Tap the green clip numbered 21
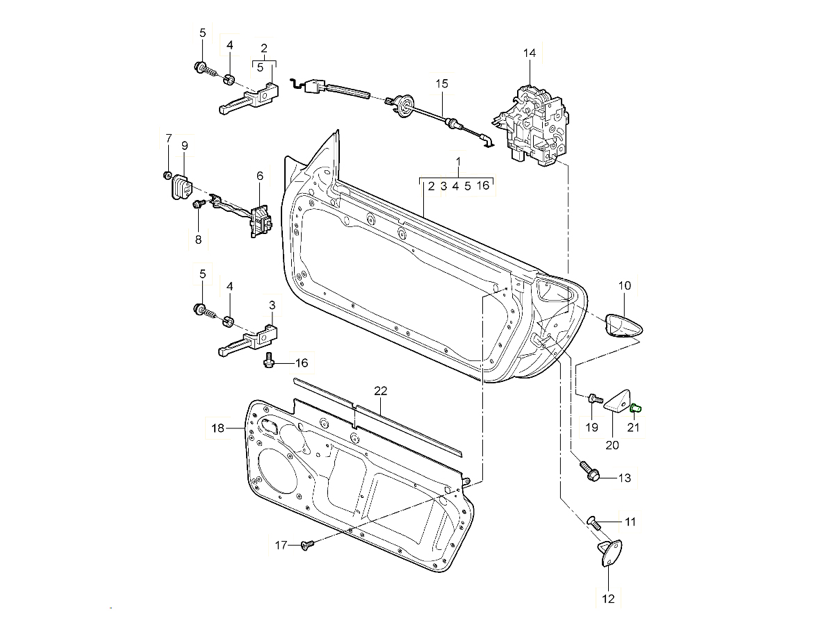(x=635, y=408)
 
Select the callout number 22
(x=380, y=391)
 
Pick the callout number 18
(x=218, y=428)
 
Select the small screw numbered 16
(x=270, y=360)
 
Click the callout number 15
(x=443, y=83)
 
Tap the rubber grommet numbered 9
(x=180, y=187)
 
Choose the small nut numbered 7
(x=167, y=174)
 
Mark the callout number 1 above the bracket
(x=459, y=161)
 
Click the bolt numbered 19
(x=593, y=399)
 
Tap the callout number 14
(x=530, y=53)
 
